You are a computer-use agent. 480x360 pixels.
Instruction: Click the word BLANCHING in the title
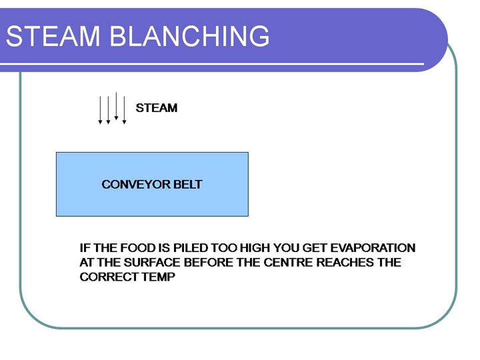[x=189, y=36]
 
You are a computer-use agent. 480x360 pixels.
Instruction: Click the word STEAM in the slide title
[x=53, y=36]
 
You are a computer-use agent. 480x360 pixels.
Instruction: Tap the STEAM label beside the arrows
[x=157, y=108]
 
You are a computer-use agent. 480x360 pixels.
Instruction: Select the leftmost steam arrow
[x=100, y=110]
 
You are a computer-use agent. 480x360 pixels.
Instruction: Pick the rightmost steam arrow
[x=124, y=110]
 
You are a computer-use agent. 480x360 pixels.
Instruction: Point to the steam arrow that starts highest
[x=116, y=106]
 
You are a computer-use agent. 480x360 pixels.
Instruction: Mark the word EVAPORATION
[x=373, y=247]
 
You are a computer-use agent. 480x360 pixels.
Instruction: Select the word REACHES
[x=345, y=263]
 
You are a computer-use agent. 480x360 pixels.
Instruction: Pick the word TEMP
[x=158, y=277]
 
